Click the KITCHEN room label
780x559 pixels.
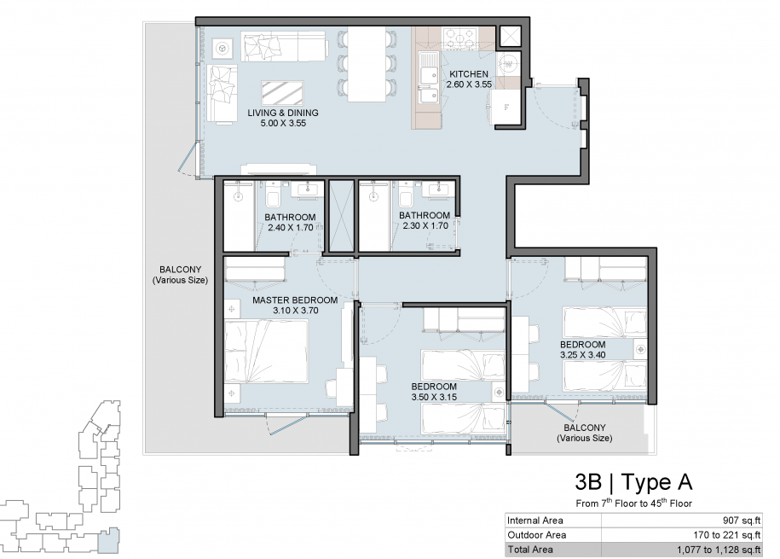click(x=469, y=74)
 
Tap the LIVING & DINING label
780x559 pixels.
click(x=283, y=113)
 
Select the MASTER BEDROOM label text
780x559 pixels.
click(x=295, y=300)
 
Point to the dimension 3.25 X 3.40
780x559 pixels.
click(x=582, y=355)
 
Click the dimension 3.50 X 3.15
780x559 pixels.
click(x=434, y=397)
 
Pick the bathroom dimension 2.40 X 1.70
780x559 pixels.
click(x=291, y=228)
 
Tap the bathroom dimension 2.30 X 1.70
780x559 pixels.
click(x=425, y=225)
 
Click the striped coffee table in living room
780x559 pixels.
click(x=282, y=93)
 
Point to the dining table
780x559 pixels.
click(x=367, y=64)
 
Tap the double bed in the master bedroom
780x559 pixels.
click(x=266, y=352)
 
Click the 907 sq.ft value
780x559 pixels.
click(x=742, y=521)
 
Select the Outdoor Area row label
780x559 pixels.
click(x=537, y=535)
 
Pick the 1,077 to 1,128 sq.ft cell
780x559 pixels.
click(x=719, y=550)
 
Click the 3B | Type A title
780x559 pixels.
click(x=633, y=482)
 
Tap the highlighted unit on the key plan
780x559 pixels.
click(x=108, y=540)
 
